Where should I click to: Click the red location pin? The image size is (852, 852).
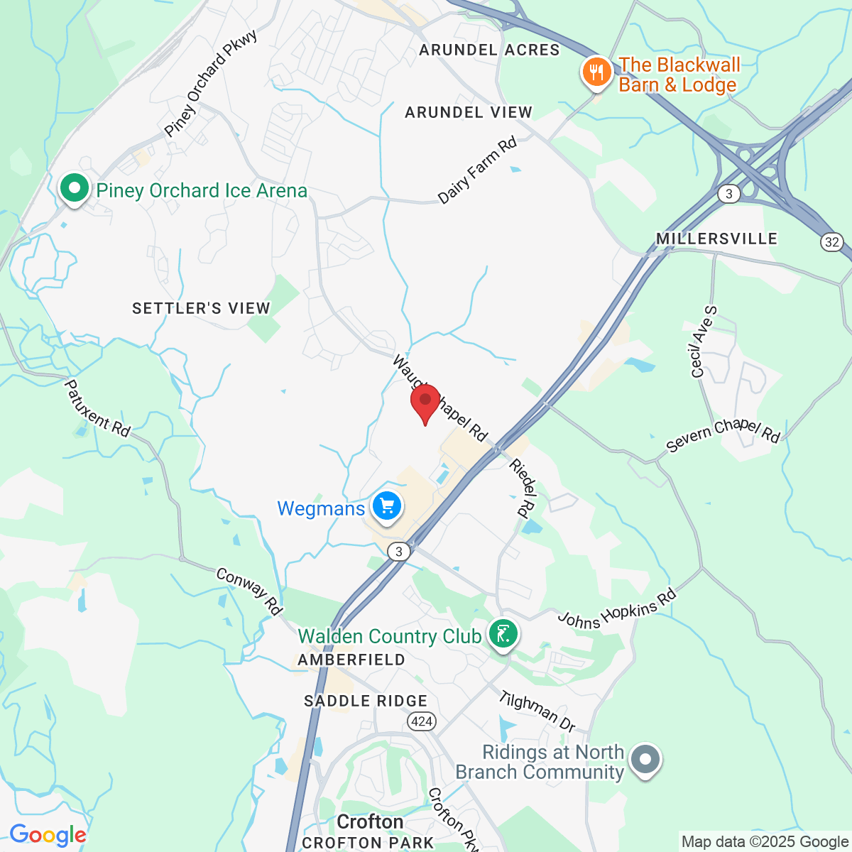click(425, 403)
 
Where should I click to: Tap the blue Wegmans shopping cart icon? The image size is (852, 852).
click(387, 507)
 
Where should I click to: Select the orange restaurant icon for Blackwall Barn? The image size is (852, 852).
click(597, 72)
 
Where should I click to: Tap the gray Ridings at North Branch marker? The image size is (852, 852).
click(645, 760)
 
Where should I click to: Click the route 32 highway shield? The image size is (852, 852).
click(832, 242)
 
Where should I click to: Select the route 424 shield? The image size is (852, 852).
click(421, 721)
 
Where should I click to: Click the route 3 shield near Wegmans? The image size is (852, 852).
click(399, 551)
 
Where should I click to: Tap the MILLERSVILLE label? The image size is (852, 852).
click(716, 239)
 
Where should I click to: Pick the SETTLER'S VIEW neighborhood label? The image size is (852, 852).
click(201, 308)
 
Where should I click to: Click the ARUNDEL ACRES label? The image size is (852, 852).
click(489, 50)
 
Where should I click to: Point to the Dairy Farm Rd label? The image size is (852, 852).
click(477, 170)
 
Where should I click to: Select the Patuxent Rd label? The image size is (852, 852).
click(97, 408)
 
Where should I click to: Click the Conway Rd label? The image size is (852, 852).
click(249, 591)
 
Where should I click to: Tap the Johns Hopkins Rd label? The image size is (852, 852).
click(616, 609)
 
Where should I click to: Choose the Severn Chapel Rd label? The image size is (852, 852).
click(723, 435)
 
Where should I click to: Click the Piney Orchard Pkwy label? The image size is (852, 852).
click(210, 84)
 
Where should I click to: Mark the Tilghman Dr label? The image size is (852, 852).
click(537, 711)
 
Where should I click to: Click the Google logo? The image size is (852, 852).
click(48, 835)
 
